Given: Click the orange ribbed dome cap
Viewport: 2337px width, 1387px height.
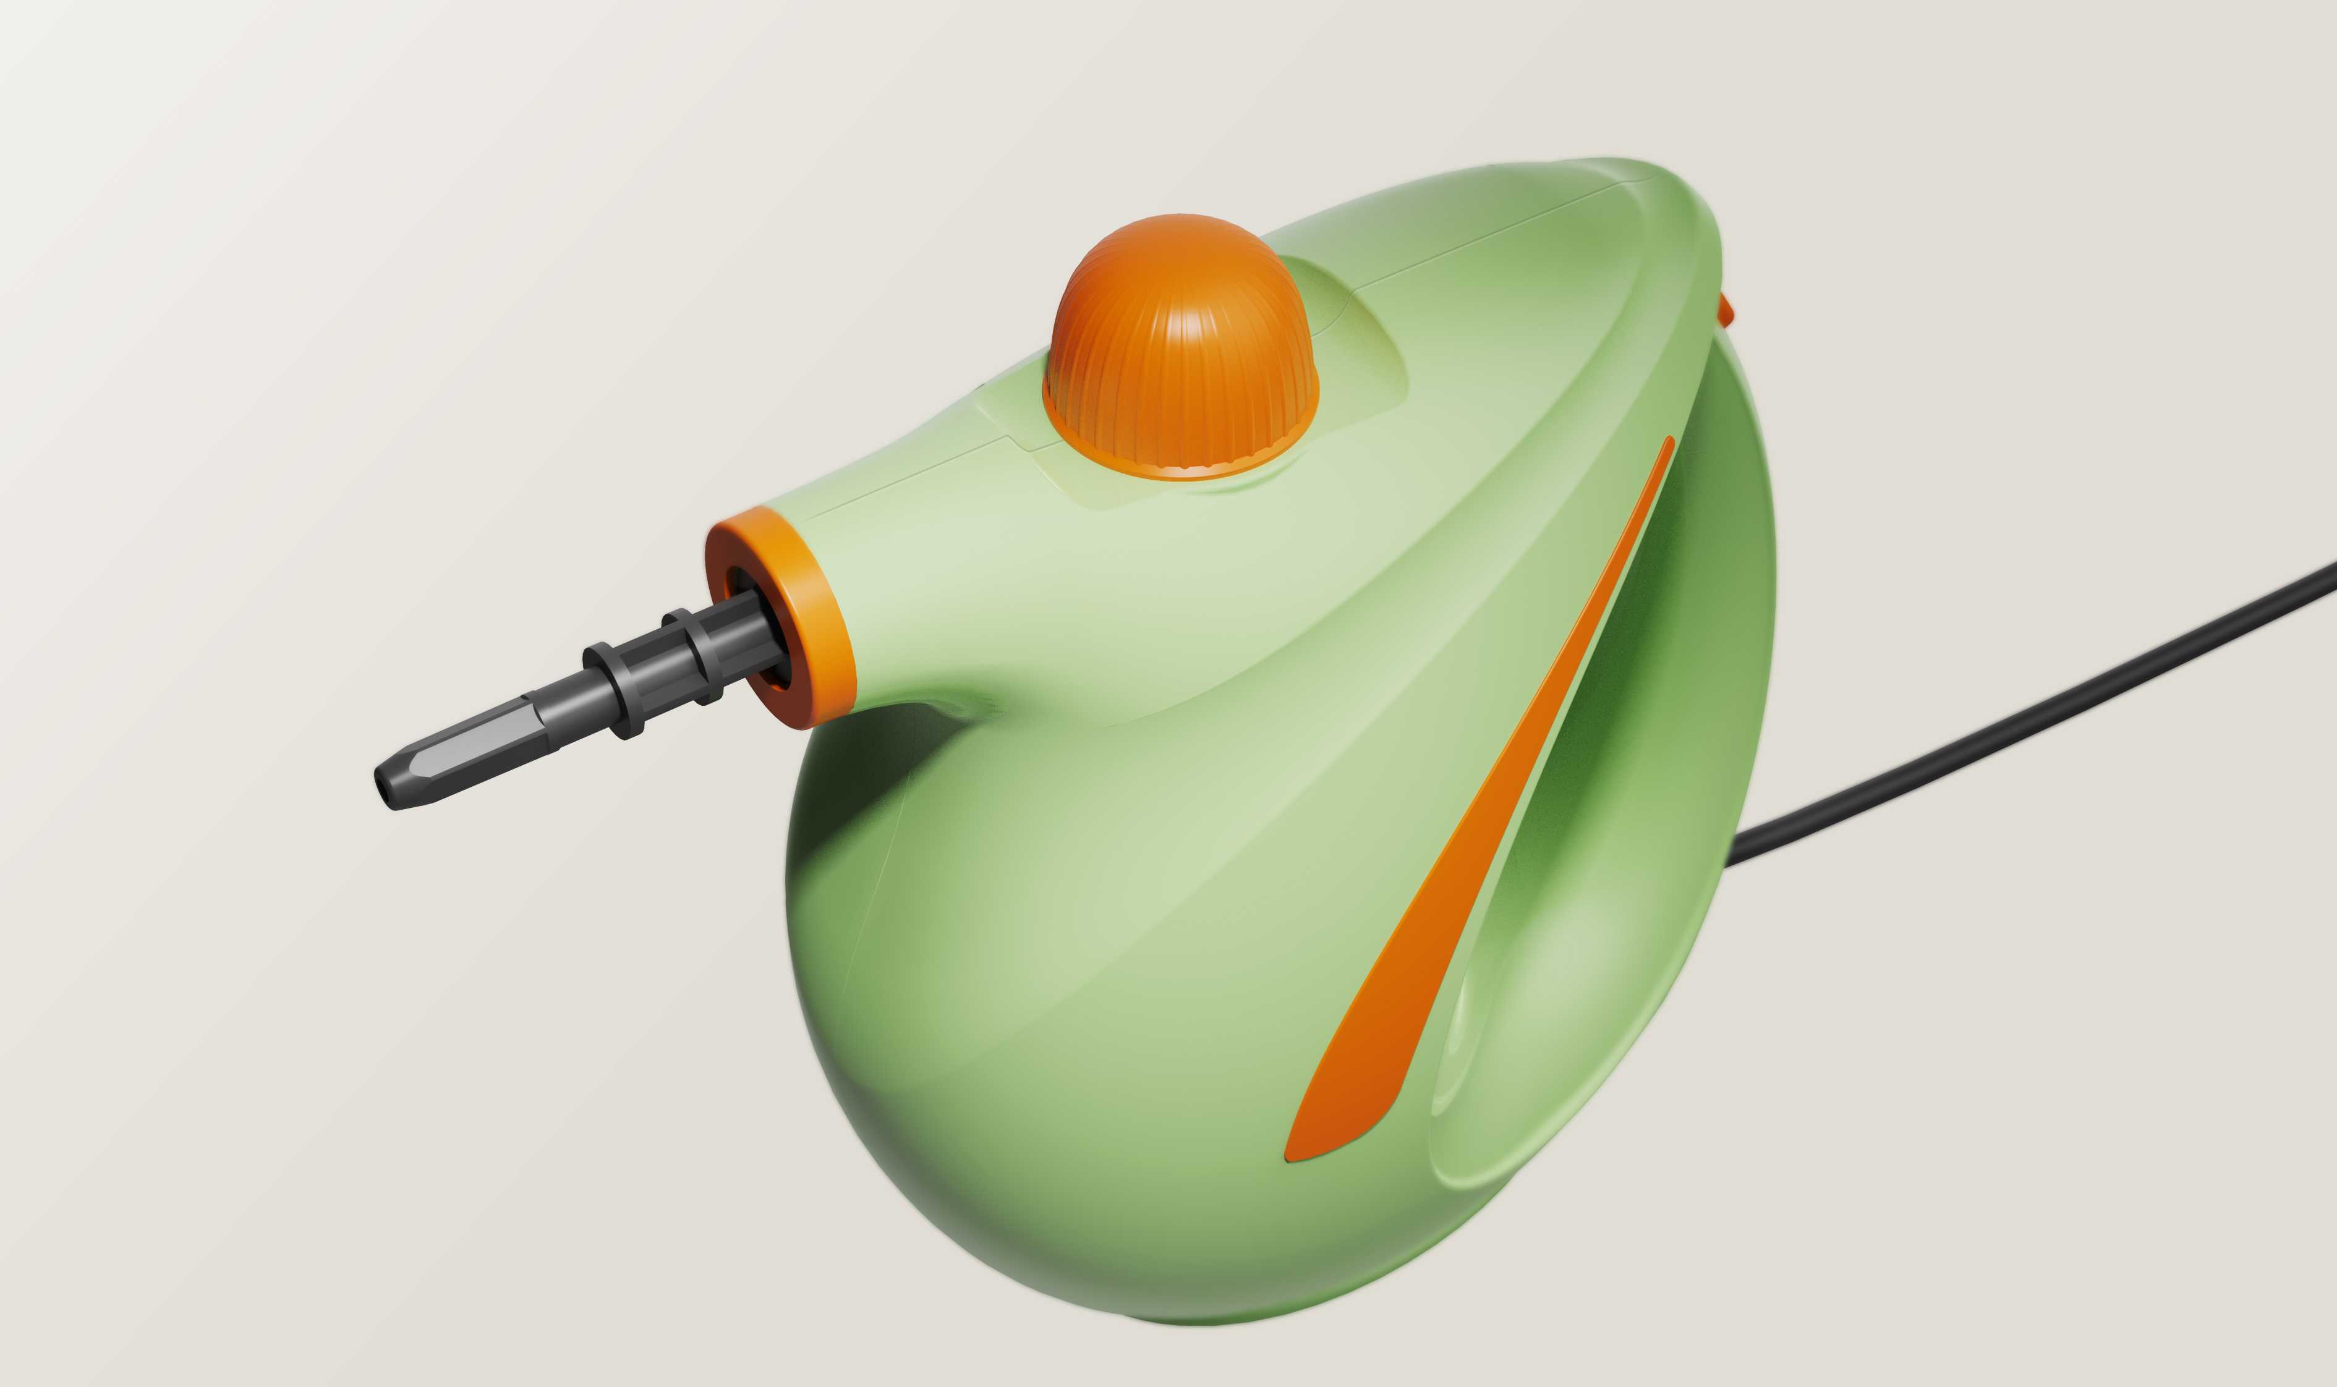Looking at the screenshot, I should point(1180,336).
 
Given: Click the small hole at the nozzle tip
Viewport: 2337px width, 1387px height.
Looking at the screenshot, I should point(382,789).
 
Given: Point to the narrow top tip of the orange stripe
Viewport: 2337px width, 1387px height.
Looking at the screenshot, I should point(1667,447).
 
